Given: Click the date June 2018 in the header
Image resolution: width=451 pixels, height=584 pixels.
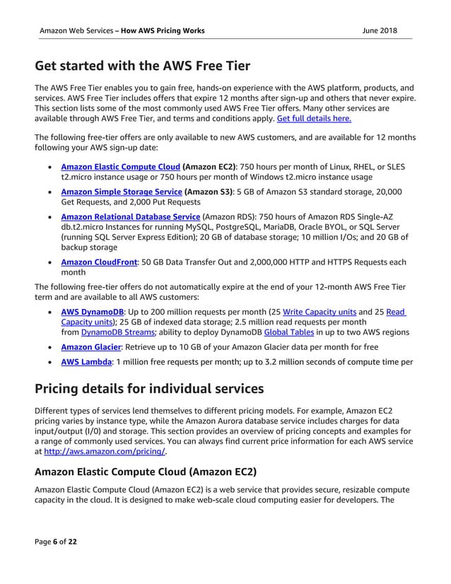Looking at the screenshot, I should coord(379,30).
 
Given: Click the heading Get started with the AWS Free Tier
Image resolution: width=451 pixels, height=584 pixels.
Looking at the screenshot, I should coord(142,67).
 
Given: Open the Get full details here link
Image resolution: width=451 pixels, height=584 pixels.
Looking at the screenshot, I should coord(314,119).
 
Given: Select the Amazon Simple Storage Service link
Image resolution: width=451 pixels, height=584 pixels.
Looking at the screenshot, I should coord(122,192).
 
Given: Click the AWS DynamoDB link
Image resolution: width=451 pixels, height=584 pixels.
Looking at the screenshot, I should coord(93,311).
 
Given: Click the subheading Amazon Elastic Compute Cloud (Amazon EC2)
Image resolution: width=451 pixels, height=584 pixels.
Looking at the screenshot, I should coord(146,471).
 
